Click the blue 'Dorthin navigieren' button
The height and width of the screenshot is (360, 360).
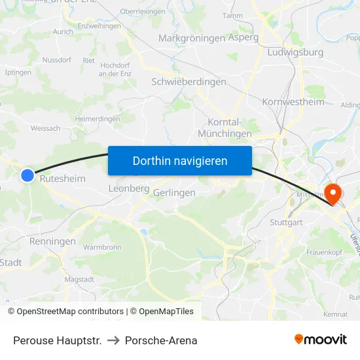click(180, 160)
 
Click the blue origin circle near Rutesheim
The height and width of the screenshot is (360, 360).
click(27, 175)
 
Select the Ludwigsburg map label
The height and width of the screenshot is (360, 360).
click(300, 52)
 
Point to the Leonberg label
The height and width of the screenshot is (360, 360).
click(128, 189)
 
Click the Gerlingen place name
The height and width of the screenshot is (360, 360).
click(174, 193)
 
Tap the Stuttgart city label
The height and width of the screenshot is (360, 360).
click(286, 223)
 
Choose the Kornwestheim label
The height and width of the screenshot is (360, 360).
click(293, 101)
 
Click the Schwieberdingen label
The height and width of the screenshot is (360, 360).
click(189, 82)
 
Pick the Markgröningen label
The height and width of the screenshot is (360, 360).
click(192, 38)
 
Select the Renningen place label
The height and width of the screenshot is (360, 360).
click(52, 242)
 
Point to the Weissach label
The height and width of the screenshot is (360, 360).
click(45, 128)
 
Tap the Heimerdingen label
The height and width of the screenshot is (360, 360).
click(97, 119)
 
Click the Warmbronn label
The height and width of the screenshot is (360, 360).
click(102, 248)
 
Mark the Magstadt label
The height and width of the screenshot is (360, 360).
click(79, 279)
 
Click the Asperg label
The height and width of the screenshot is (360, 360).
click(243, 37)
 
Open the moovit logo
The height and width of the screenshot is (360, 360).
click(320, 339)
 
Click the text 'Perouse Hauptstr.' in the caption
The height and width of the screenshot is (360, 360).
click(57, 340)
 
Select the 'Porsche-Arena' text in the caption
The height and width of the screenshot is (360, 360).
click(161, 340)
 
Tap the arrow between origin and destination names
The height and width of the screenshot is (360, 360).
click(113, 340)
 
